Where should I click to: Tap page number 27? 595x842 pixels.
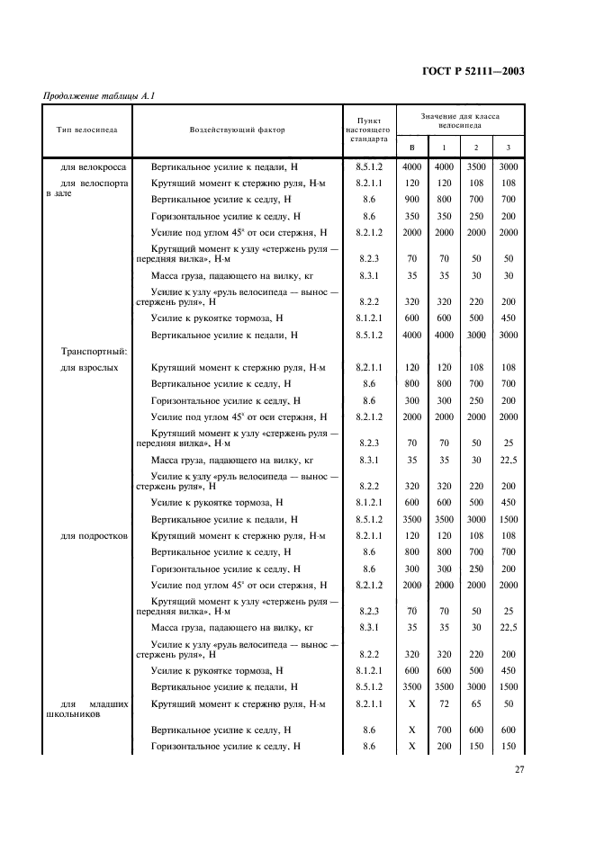[519, 769]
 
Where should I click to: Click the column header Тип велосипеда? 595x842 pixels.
[87, 130]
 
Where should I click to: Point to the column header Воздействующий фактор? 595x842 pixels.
[237, 130]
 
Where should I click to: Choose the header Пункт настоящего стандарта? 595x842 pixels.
[367, 130]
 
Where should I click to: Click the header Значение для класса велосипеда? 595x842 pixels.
[460, 121]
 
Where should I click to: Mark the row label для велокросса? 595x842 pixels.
[94, 167]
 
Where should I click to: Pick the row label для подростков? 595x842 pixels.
[94, 535]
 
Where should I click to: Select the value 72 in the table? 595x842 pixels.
[444, 703]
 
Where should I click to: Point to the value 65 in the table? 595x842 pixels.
[476, 703]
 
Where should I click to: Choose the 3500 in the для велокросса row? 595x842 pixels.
[476, 167]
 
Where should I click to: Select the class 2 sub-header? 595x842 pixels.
[476, 148]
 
